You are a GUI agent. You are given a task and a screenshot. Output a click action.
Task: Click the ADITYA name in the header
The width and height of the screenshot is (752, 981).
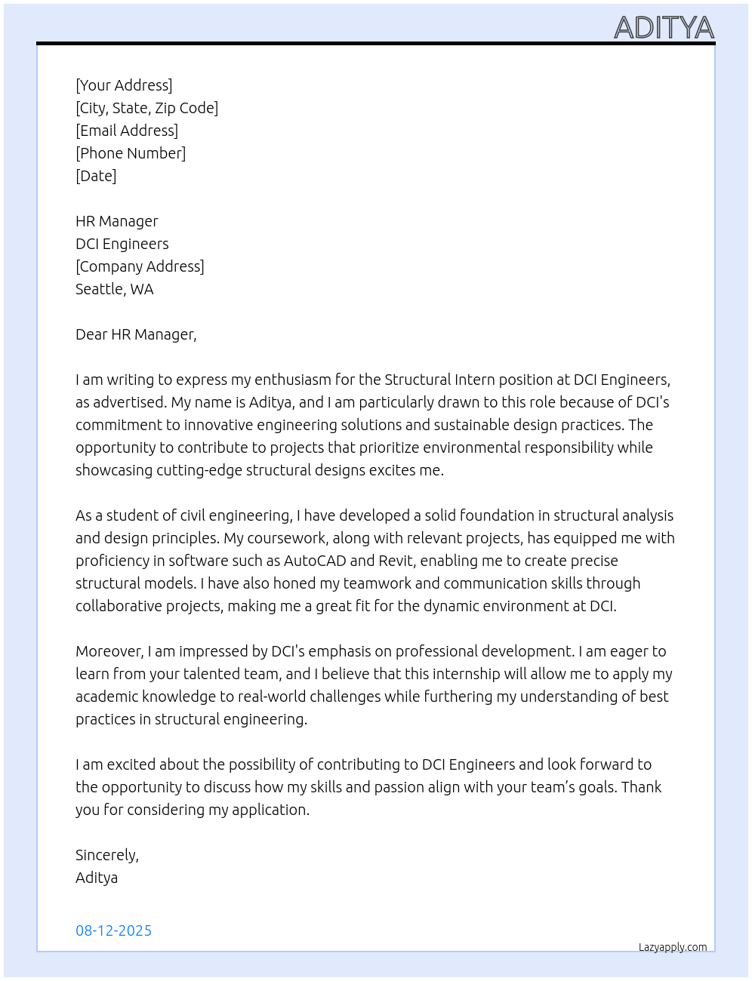(664, 27)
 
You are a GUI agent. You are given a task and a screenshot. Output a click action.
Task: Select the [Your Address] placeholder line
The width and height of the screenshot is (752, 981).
(124, 85)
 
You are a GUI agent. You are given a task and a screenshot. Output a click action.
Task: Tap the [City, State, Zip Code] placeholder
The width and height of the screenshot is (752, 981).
(146, 108)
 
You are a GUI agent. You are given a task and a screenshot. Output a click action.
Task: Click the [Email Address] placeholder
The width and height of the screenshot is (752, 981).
(127, 131)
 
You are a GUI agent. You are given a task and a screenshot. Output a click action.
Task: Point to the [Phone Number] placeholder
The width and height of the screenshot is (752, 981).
(131, 153)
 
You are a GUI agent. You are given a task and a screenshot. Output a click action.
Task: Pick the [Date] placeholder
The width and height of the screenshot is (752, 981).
(96, 176)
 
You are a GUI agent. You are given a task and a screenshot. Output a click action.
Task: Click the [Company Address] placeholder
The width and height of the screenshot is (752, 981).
(140, 266)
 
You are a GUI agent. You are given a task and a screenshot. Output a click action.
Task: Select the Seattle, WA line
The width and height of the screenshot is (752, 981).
(114, 289)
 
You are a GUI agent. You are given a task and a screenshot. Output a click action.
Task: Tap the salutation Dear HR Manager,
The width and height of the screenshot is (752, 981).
(136, 334)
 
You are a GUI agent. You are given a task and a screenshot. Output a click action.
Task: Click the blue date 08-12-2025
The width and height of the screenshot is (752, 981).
(113, 930)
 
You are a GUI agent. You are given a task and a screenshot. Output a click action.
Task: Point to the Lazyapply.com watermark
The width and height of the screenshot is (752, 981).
(673, 947)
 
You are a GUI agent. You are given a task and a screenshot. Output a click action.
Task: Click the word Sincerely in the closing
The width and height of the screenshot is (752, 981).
(106, 855)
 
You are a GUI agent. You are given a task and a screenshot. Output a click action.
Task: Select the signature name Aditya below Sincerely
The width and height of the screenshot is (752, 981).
(97, 878)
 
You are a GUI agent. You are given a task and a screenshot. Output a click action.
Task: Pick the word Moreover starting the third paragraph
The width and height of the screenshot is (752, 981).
(109, 651)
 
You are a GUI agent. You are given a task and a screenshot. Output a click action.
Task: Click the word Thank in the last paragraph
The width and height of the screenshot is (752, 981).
(641, 787)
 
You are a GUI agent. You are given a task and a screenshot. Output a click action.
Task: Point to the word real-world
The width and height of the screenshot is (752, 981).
(268, 697)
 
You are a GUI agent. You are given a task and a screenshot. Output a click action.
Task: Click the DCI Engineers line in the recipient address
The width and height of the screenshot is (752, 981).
(122, 244)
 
